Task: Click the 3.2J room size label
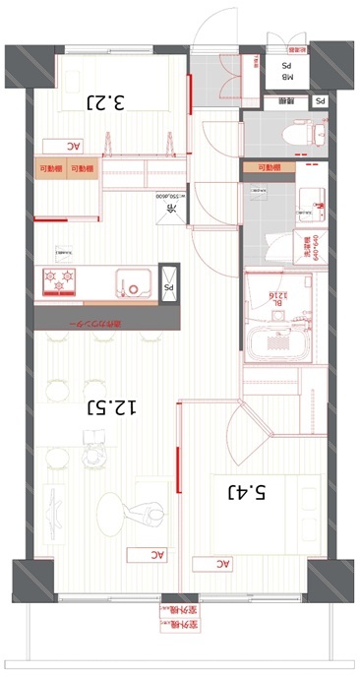point(106,101)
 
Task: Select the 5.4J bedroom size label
point(249,491)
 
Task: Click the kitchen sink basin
point(131,282)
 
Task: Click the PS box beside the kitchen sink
point(168,287)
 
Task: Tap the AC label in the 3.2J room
point(73,146)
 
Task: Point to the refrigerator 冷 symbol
point(169,210)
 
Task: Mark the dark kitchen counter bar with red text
point(108,320)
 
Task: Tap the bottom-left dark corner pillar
point(30,580)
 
